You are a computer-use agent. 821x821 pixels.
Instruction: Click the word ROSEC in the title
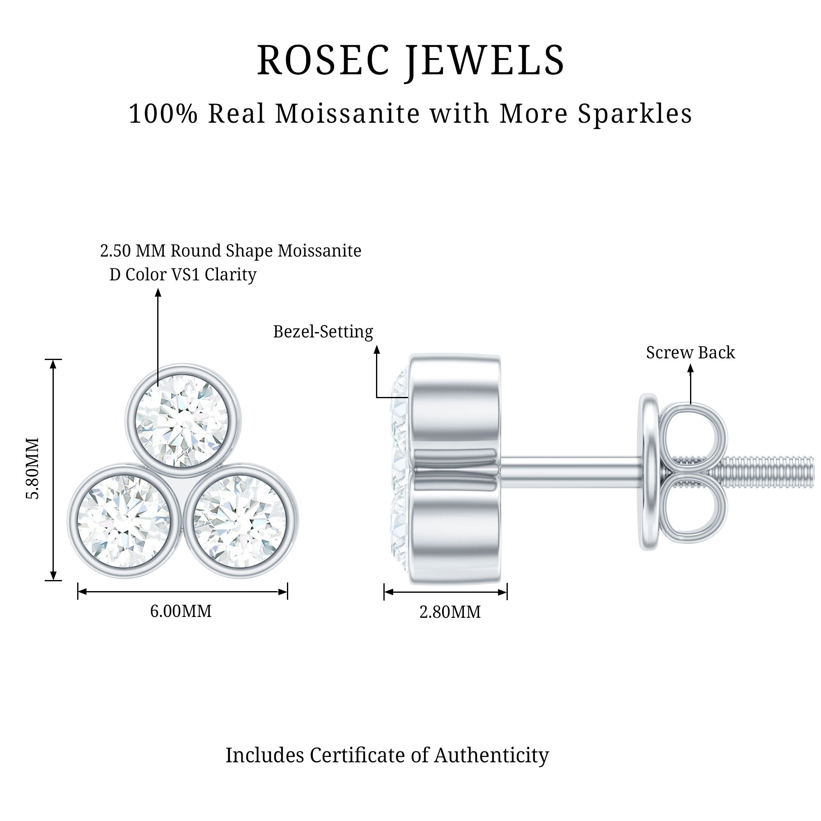pos(323,60)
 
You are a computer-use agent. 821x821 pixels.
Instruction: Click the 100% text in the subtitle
pos(163,114)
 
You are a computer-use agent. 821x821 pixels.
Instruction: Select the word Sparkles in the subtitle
pos(635,114)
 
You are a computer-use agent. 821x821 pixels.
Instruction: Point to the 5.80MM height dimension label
pos(33,468)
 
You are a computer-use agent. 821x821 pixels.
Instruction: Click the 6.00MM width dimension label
pos(181,612)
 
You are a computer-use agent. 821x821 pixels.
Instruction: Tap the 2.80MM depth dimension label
pos(450,612)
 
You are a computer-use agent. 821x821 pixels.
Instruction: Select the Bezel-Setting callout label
pos(323,332)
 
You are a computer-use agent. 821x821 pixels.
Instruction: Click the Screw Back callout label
pos(690,353)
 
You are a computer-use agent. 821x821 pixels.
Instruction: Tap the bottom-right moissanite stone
pos(240,521)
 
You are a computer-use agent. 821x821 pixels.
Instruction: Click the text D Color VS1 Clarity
pos(183,275)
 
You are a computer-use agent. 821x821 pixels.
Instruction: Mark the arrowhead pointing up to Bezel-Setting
pos(376,349)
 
